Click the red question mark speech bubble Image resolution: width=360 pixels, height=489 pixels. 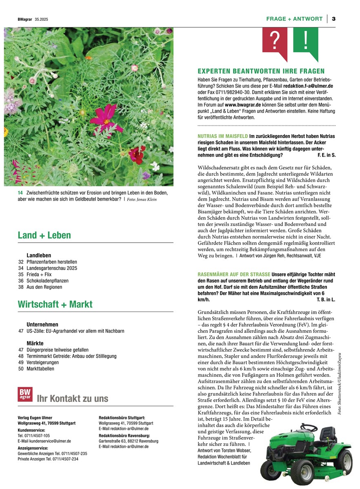point(275,41)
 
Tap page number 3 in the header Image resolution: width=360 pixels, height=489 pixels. point(333,19)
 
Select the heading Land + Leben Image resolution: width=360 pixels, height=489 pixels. point(44,235)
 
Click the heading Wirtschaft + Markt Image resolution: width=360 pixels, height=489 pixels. point(55,304)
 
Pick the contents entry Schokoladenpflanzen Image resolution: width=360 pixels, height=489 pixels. point(47,281)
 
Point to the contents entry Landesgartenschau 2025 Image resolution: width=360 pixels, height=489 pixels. point(51,268)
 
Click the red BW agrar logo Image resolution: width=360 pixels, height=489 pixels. point(25,394)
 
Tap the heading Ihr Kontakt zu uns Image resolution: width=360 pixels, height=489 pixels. point(73,398)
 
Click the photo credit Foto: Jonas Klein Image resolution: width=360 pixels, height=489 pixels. point(142,199)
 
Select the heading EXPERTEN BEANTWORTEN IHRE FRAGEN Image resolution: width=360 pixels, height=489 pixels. point(261,71)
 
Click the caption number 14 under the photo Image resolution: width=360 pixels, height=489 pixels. point(20,193)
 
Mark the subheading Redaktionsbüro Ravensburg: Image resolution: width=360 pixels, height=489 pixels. point(122,435)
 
